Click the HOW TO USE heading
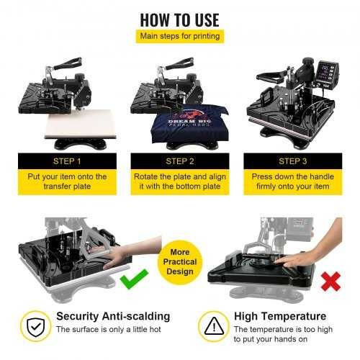tap(179, 17)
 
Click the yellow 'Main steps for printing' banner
tap(179, 35)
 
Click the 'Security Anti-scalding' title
tap(112, 315)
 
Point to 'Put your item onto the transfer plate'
tap(68, 181)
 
